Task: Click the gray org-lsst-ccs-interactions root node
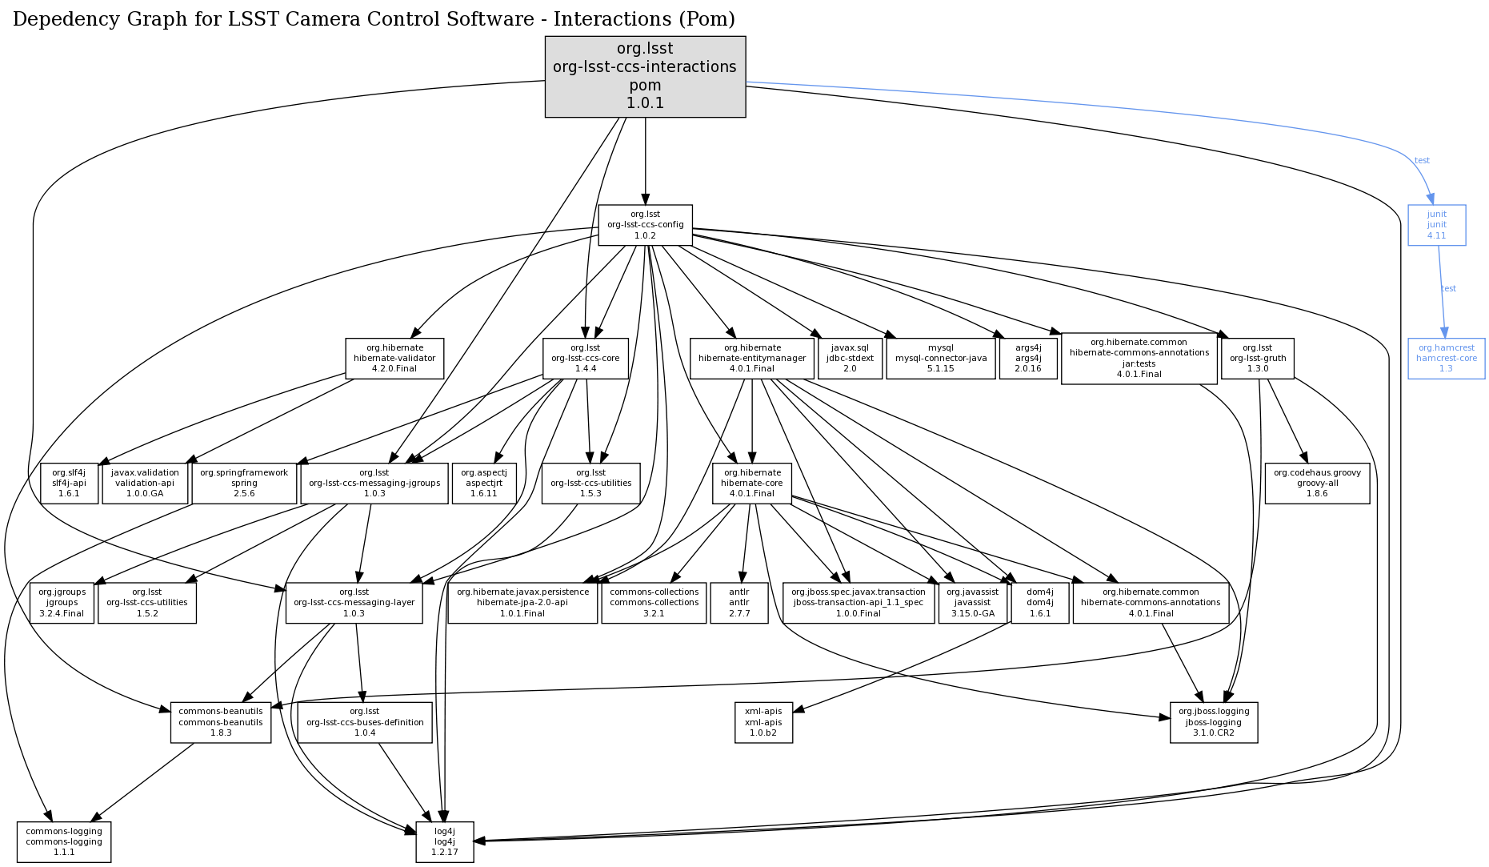[645, 77]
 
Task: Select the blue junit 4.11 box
[1436, 225]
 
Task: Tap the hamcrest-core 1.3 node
[1446, 359]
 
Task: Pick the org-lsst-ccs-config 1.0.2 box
[645, 225]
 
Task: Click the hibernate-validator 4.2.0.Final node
[394, 358]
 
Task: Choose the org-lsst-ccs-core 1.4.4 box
[585, 358]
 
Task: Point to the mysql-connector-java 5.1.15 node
[940, 358]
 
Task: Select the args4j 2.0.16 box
[1028, 358]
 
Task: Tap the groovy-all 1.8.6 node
[1317, 483]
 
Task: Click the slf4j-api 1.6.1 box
[69, 483]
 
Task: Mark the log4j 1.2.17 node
[445, 841]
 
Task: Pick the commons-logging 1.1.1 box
[64, 841]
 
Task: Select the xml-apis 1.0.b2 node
[763, 722]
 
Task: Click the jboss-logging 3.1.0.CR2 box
[1213, 722]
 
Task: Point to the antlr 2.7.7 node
[739, 603]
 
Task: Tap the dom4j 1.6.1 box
[1039, 603]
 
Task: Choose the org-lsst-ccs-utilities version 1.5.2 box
[147, 603]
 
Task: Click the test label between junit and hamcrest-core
[1448, 288]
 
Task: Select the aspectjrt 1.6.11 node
[483, 483]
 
